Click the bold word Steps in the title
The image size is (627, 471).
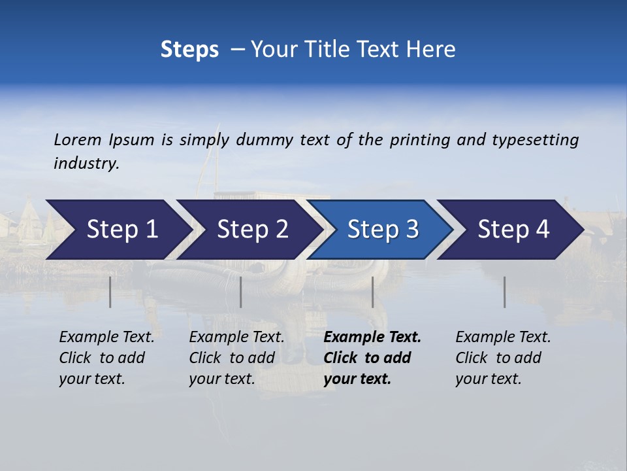pyautogui.click(x=189, y=50)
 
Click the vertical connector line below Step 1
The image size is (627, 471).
pyautogui.click(x=110, y=292)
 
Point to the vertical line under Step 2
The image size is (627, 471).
pyautogui.click(x=241, y=292)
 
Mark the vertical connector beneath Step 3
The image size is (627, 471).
pyautogui.click(x=373, y=292)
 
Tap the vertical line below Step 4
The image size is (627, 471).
pyautogui.click(x=505, y=292)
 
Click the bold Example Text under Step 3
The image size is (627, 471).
pyautogui.click(x=372, y=338)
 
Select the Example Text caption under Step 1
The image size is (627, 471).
pyautogui.click(x=106, y=338)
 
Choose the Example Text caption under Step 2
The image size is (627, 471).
pyautogui.click(x=236, y=338)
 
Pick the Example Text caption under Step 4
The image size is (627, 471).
pyautogui.click(x=503, y=338)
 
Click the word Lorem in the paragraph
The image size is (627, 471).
pyautogui.click(x=78, y=140)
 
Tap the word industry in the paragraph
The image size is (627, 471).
pyautogui.click(x=86, y=164)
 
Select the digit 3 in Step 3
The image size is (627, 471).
pyautogui.click(x=411, y=230)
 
